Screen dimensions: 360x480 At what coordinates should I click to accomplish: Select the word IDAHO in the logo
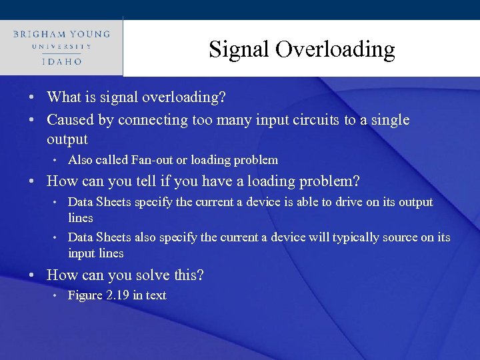(61, 61)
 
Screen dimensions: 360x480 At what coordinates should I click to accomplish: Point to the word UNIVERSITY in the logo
(61, 47)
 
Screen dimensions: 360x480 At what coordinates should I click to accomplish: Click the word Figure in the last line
(85, 295)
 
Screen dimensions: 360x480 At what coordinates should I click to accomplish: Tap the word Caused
(69, 120)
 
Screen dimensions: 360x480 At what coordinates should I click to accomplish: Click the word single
(389, 120)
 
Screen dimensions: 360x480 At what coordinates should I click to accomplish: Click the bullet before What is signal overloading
(33, 97)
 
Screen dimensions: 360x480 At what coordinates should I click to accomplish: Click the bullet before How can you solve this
(33, 275)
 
